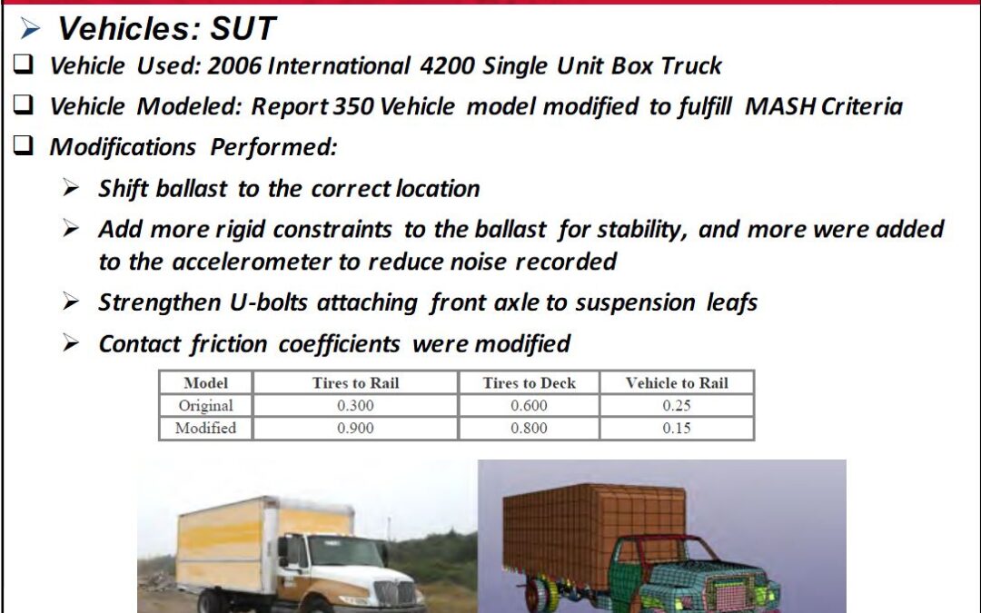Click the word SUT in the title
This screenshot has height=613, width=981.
[243, 28]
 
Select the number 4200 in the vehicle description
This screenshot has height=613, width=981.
[447, 65]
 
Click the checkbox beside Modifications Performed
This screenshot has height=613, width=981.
[23, 145]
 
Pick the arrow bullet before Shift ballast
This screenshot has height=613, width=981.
[71, 188]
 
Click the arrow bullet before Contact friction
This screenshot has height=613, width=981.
[71, 342]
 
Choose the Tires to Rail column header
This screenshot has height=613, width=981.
[355, 383]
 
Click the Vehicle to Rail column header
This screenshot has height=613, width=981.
[677, 383]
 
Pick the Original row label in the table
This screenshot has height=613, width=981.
[206, 405]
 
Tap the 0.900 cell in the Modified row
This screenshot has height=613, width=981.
[355, 428]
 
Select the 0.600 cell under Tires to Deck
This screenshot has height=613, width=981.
[529, 405]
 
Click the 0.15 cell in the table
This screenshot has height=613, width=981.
[677, 428]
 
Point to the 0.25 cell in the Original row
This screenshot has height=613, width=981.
[677, 405]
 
